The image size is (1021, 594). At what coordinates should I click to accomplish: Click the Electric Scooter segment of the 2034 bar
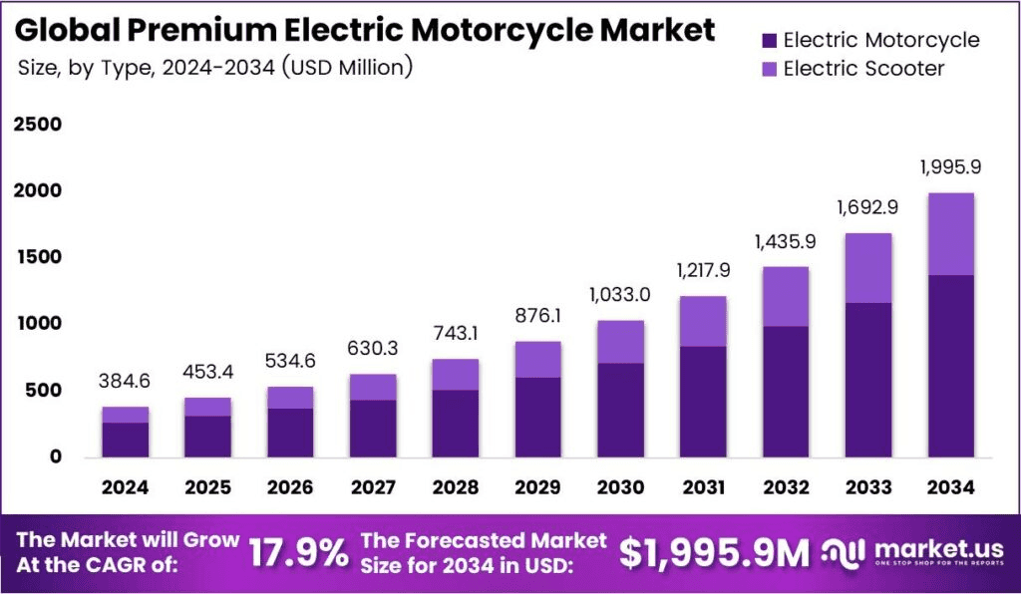point(949,233)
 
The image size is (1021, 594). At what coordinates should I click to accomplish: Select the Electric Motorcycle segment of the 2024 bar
point(125,440)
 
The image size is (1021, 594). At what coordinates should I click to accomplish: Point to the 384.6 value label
point(125,381)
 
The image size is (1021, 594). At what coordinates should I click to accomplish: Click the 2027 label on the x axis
point(373,487)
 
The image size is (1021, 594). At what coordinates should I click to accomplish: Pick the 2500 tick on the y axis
point(37,125)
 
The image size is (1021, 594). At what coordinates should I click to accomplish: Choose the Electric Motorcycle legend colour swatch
point(768,41)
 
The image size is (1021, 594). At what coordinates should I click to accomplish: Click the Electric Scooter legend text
point(863,69)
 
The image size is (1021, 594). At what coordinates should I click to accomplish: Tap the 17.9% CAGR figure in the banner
point(298,551)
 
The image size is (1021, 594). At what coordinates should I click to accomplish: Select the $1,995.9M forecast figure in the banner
point(714,552)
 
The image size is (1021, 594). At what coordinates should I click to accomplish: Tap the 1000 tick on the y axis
point(37,324)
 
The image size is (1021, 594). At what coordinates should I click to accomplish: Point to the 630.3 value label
point(373,348)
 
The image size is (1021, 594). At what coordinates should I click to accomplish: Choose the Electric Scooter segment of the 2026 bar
point(290,398)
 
